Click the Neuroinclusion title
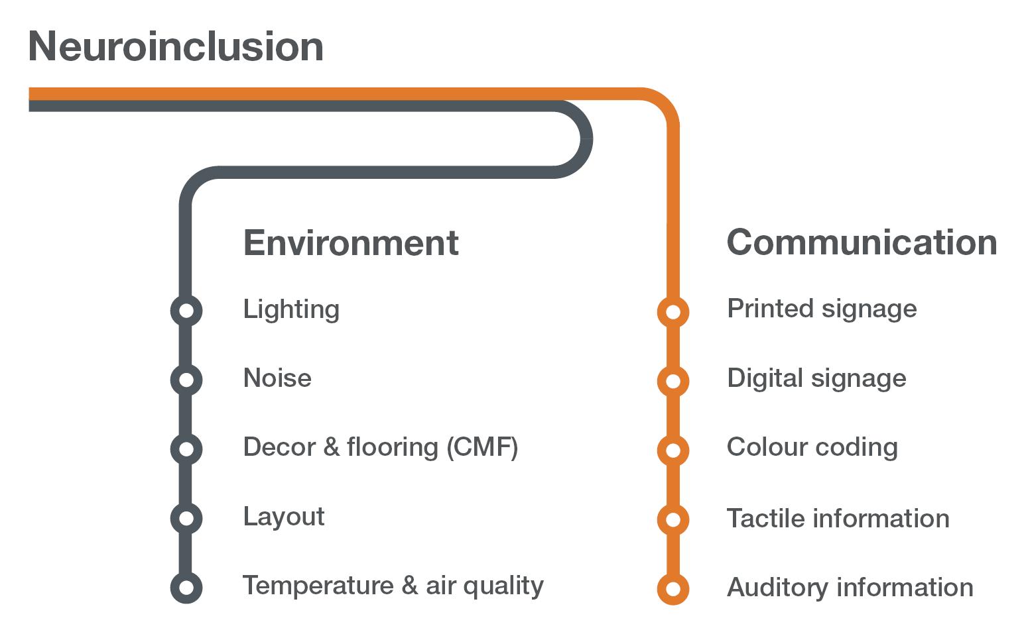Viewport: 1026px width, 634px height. click(176, 47)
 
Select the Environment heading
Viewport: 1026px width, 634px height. click(351, 242)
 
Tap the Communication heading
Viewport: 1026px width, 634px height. click(862, 242)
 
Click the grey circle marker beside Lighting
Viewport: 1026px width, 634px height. click(186, 310)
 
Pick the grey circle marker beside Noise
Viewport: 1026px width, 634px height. click(186, 380)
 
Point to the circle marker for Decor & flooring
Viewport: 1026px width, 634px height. click(186, 449)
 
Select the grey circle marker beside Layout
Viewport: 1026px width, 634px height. click(186, 517)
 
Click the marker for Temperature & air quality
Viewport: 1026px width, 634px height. click(186, 587)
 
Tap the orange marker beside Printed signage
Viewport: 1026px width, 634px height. click(673, 311)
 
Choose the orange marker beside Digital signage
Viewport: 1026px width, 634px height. click(673, 381)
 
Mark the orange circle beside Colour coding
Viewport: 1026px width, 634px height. click(673, 450)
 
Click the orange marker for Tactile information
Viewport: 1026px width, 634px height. click(673, 519)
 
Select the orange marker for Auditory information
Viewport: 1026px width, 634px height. click(673, 588)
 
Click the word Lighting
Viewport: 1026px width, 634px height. click(291, 310)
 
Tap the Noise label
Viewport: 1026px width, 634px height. click(277, 378)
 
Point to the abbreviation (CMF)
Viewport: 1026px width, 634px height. click(482, 447)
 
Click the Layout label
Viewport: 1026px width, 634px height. click(284, 517)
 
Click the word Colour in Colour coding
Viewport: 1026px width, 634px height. click(765, 447)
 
